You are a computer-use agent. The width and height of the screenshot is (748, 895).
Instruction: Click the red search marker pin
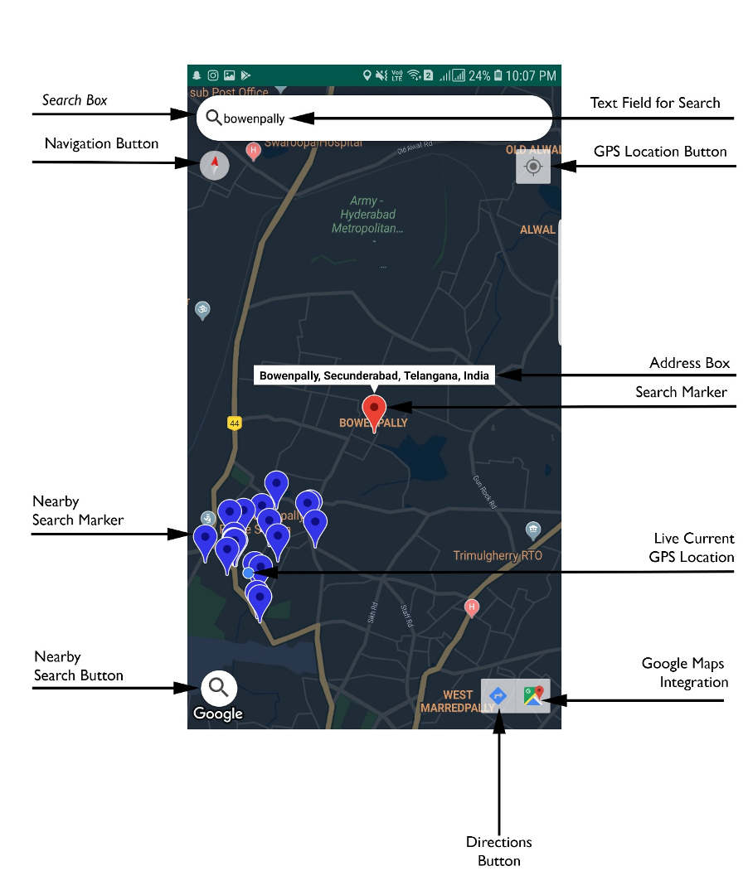point(374,409)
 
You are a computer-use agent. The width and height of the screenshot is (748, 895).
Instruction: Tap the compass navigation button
point(214,165)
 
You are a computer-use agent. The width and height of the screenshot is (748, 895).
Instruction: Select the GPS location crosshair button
point(532,167)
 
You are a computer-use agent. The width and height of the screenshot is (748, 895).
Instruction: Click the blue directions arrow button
point(498,695)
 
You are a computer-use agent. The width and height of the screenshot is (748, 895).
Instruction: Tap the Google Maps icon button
point(533,695)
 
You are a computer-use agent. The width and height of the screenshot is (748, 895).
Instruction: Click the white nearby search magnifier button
point(219,687)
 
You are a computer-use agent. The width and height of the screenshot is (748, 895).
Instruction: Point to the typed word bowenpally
point(254,119)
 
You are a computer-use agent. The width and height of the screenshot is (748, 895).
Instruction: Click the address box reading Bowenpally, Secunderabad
point(374,375)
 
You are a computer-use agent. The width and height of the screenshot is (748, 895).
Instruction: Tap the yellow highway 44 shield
point(235,423)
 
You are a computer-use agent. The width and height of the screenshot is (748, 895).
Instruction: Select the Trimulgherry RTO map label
point(498,555)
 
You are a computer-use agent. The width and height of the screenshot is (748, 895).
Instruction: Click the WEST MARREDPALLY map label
point(458,701)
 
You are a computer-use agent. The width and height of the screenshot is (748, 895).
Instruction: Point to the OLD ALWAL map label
point(533,150)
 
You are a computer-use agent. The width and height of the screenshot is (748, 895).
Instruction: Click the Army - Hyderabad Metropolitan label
point(367,215)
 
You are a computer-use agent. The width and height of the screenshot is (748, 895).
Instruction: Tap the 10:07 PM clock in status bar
point(531,75)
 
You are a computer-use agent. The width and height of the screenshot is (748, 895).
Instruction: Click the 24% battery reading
point(479,75)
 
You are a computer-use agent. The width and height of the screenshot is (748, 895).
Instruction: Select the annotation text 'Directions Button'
point(499,851)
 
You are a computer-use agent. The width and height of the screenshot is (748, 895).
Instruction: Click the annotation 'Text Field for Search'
point(655,103)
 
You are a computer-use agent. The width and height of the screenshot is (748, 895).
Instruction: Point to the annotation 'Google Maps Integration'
point(685,673)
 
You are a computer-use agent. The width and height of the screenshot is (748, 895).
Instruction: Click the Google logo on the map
point(218,714)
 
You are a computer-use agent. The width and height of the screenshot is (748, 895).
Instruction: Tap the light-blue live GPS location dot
point(248,573)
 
